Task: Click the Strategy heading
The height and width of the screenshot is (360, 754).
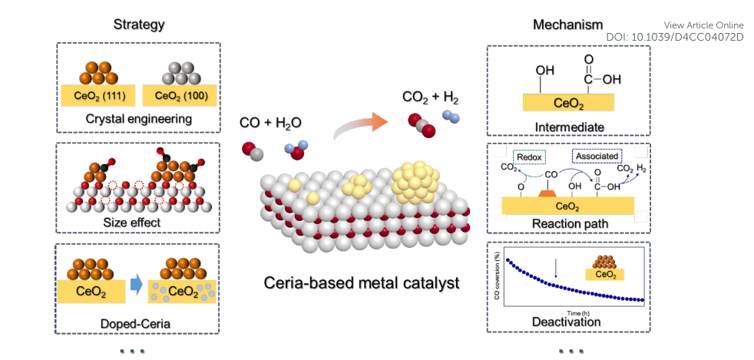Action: pos(138,25)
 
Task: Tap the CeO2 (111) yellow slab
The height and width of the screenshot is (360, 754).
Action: pos(98,96)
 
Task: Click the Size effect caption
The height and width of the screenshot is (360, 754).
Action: pos(139,225)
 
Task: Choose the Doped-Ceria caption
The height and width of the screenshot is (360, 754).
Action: pos(138,323)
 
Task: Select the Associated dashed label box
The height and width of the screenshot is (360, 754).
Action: pos(597,156)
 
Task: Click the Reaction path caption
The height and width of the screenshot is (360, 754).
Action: pos(568,223)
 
